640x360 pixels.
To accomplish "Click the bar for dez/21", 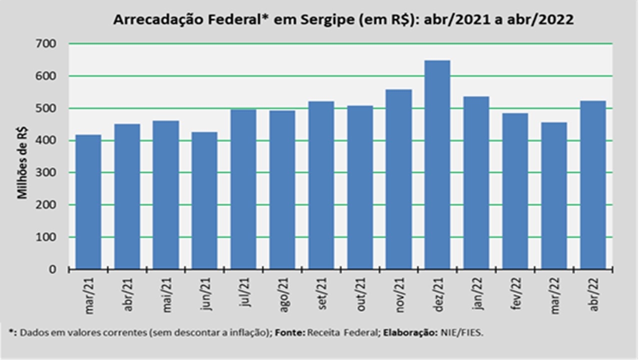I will [x=437, y=165].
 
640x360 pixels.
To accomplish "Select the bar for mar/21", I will [x=88, y=202].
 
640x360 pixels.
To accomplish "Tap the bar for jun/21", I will [x=205, y=200].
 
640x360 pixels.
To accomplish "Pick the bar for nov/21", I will [x=398, y=179].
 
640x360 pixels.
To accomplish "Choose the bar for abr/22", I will [x=593, y=185].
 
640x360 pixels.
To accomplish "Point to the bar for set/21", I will [x=321, y=185].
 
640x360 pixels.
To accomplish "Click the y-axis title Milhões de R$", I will [x=22, y=163].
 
